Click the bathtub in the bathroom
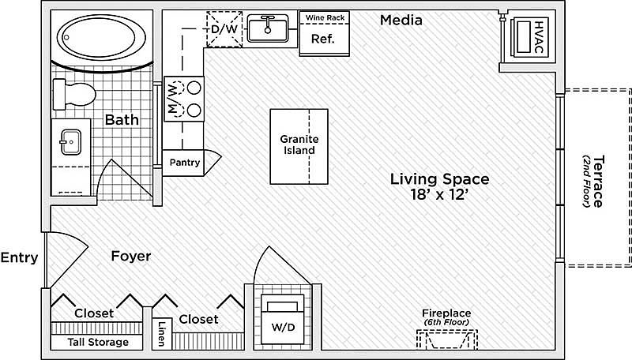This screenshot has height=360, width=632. tap(100, 36)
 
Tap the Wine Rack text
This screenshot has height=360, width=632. tap(324, 17)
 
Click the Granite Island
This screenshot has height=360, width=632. tap(299, 145)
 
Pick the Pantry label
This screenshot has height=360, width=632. tap(184, 163)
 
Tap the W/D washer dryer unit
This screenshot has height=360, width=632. tap(283, 315)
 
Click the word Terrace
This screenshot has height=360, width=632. tap(598, 180)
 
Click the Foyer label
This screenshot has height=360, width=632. tap(130, 257)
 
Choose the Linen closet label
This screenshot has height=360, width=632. tap(162, 332)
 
